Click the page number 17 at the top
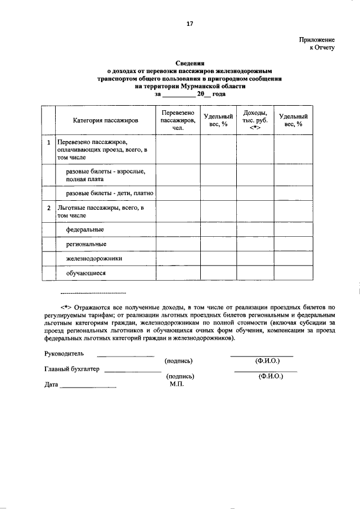click(190, 24)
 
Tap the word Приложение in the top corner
click(317, 40)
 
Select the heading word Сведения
click(190, 64)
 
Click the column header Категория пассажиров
click(105, 121)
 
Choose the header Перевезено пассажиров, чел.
click(177, 120)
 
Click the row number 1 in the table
click(49, 143)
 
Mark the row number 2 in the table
click(49, 209)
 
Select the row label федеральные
click(85, 230)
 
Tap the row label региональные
click(87, 245)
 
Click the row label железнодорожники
click(94, 259)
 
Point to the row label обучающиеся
click(86, 273)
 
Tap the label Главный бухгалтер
click(71, 369)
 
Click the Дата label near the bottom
click(51, 385)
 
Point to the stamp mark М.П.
click(178, 385)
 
